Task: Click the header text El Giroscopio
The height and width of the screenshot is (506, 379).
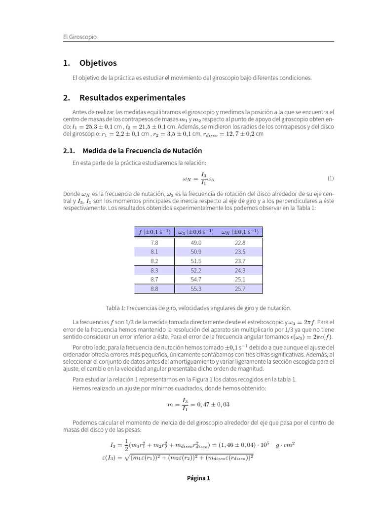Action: tap(80, 37)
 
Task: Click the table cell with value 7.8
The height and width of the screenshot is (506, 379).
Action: tap(154, 243)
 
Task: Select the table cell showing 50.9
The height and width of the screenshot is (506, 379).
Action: tap(196, 252)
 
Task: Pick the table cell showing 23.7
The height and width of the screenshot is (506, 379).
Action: tap(240, 261)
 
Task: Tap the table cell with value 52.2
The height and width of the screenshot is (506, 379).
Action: tap(196, 270)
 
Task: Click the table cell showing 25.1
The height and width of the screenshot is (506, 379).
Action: tap(240, 279)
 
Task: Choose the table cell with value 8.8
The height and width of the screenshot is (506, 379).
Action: tap(154, 289)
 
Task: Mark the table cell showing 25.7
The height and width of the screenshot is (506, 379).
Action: tap(240, 289)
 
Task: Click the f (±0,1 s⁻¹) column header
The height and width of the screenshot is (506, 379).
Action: tap(154, 232)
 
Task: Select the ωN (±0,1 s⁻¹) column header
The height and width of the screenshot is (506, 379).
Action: tap(240, 232)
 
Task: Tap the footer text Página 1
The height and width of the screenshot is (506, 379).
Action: tap(198, 478)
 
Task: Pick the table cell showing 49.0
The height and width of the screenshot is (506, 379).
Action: tap(196, 243)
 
